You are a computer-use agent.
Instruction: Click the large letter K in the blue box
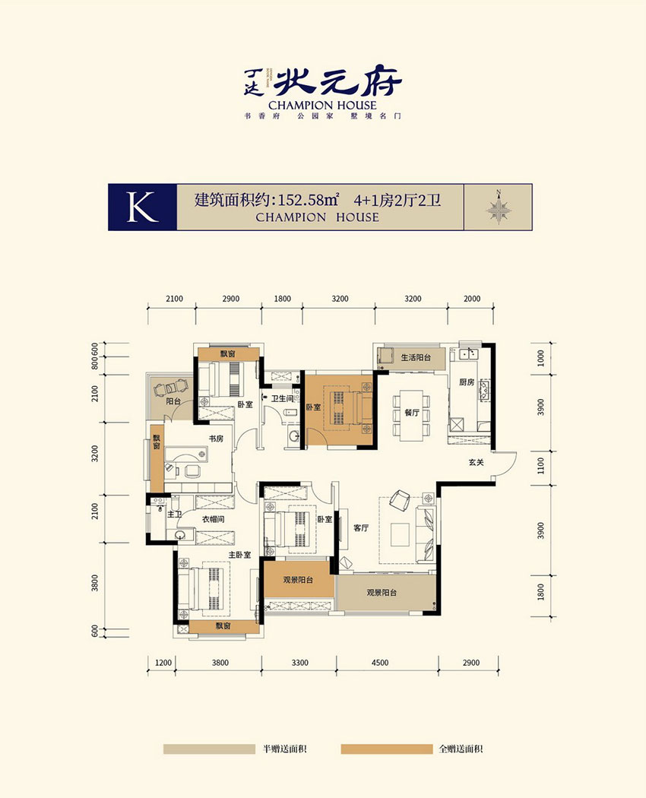142,207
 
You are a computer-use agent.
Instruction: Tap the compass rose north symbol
499,207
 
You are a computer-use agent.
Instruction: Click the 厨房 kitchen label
467,383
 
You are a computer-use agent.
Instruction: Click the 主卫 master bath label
174,515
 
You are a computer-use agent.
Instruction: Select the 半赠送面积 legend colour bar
207,749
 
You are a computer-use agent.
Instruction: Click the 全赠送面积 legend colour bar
385,749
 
